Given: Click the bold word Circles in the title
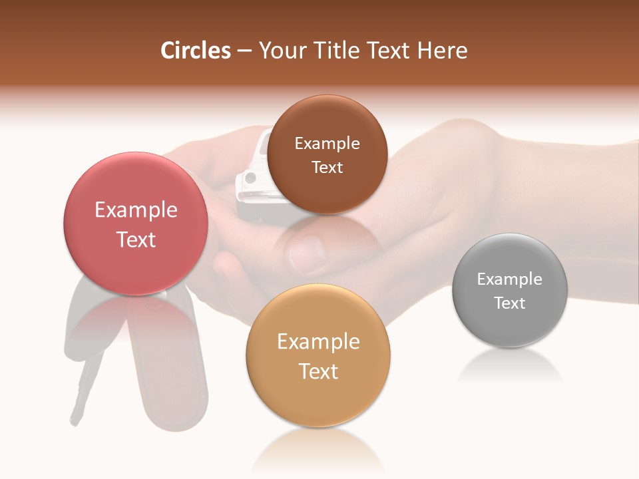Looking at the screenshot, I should tap(196, 51).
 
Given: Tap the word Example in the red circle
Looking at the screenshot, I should tap(136, 210).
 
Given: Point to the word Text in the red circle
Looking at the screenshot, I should tap(136, 239).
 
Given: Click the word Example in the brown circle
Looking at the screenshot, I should tap(327, 143).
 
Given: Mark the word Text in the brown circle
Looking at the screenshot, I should tap(327, 167).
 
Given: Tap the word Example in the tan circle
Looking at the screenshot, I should tap(318, 341).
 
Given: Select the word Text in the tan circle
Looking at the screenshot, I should tap(318, 371).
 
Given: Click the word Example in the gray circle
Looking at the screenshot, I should tap(510, 279).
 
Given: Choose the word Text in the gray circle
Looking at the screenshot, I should tap(510, 303).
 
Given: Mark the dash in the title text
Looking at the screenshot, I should tap(244, 51).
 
